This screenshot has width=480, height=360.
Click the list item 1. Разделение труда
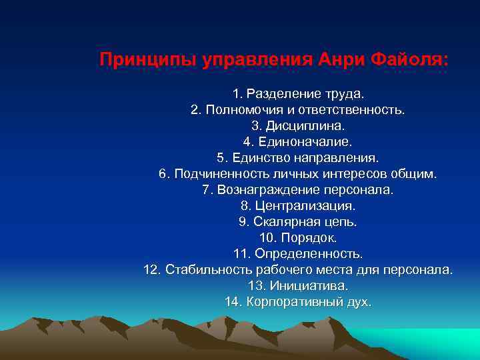pyautogui.click(x=298, y=93)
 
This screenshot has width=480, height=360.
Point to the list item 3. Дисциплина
pyautogui.click(x=298, y=125)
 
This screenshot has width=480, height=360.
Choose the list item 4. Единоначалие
pyautogui.click(x=297, y=141)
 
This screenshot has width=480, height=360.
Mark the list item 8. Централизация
pyautogui.click(x=298, y=206)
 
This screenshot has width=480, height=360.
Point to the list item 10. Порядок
pyautogui.click(x=298, y=238)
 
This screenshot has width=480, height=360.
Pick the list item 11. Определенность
pyautogui.click(x=298, y=254)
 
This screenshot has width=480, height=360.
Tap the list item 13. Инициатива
pyautogui.click(x=298, y=286)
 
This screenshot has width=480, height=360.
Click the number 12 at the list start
pyautogui.click(x=152, y=270)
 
